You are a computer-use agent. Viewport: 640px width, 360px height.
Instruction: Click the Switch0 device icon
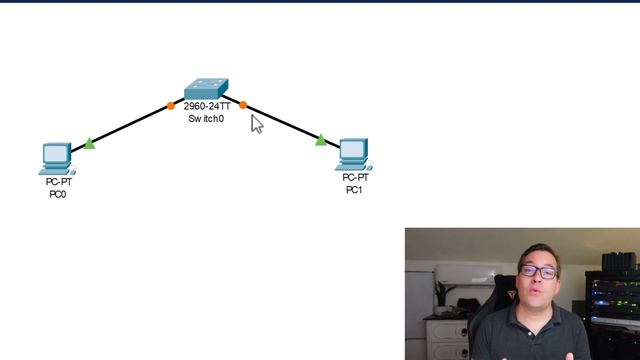206,87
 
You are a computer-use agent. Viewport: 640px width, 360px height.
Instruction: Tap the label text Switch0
206,118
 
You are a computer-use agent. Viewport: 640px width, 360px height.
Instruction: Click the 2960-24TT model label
206,105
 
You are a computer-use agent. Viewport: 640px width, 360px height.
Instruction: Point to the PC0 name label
57,194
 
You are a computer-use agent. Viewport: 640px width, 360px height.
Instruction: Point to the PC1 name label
354,190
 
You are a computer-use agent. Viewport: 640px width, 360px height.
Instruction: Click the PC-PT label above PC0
57,182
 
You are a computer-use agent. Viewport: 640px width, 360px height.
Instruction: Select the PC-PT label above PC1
354,178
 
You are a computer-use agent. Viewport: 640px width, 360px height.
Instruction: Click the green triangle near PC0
90,144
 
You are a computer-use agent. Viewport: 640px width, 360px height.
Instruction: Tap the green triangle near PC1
320,141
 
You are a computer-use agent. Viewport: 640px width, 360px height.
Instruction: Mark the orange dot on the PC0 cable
171,103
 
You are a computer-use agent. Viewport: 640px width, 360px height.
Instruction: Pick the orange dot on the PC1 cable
243,103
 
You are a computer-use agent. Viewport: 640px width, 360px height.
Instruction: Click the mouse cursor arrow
256,123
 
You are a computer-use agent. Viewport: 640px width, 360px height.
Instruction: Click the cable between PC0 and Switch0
130,124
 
